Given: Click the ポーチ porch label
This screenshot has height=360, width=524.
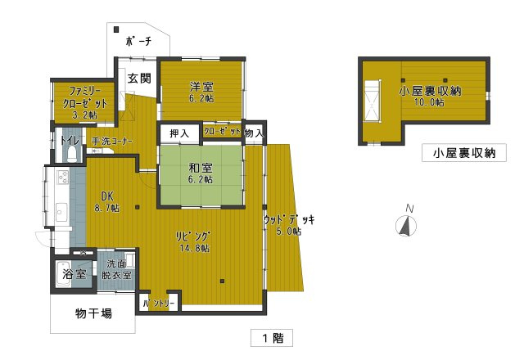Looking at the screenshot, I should click(x=138, y=41).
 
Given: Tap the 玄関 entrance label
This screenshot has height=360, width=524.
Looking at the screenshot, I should click(x=139, y=79).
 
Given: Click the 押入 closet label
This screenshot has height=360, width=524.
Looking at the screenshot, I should click(x=179, y=133).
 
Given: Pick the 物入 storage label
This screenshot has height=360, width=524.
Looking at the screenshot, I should click(x=255, y=133).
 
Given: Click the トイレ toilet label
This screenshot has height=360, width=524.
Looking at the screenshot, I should click(x=70, y=141).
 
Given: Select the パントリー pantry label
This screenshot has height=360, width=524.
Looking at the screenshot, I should click(x=159, y=304).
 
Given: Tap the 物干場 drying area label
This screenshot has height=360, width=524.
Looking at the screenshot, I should click(x=93, y=313).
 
